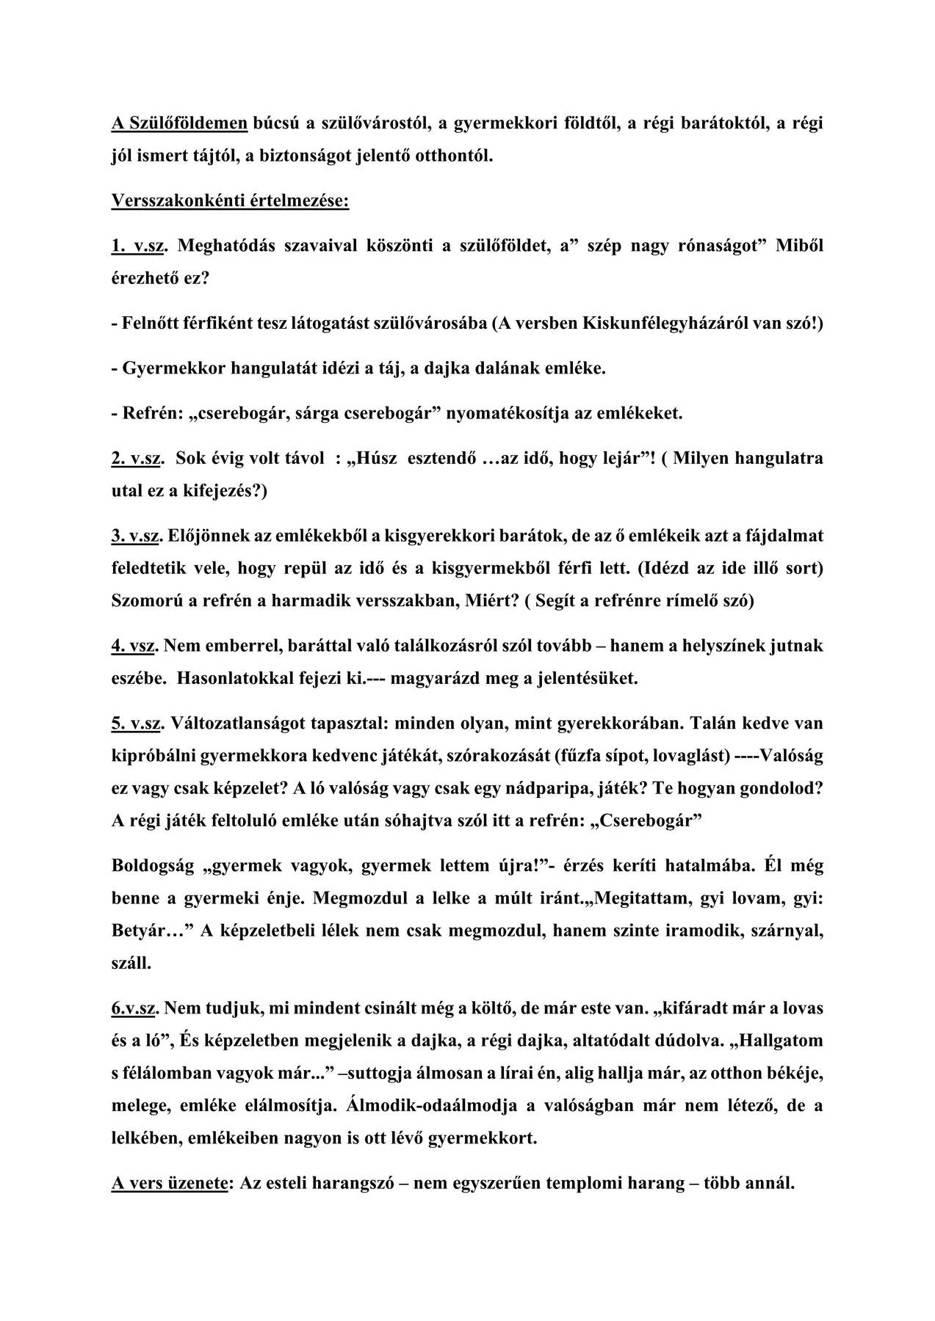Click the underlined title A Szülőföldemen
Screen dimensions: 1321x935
[180, 123]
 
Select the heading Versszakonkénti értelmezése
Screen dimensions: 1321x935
[230, 200]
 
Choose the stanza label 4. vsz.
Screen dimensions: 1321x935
[136, 646]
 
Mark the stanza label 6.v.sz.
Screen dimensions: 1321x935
[134, 1008]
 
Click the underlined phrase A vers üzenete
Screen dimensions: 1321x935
[168, 1184]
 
